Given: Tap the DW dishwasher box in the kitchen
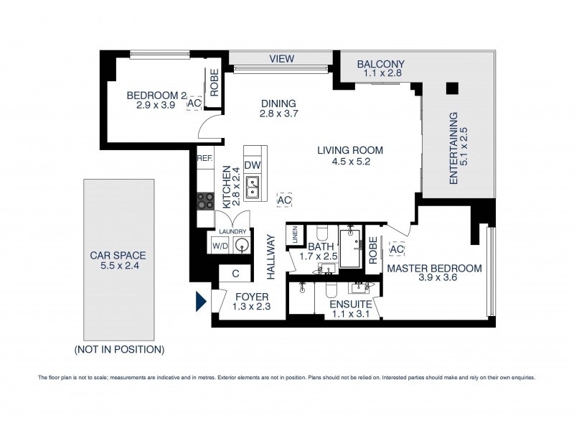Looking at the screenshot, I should coord(252,165).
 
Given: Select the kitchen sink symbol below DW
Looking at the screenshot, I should coord(252,188).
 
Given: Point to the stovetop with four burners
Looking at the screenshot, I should coord(205,201).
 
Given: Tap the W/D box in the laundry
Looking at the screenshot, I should coord(220,247).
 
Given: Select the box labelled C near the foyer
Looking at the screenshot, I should coord(235,273).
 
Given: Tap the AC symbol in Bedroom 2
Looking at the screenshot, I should coord(194,103).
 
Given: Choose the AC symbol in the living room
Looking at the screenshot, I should coord(284,198).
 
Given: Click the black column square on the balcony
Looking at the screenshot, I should coord(451,88).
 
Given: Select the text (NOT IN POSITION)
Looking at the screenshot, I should coord(119,350).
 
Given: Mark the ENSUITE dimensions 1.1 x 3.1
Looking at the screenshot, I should coord(349,312).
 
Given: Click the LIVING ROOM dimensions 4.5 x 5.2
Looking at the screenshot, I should coord(351,162).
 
